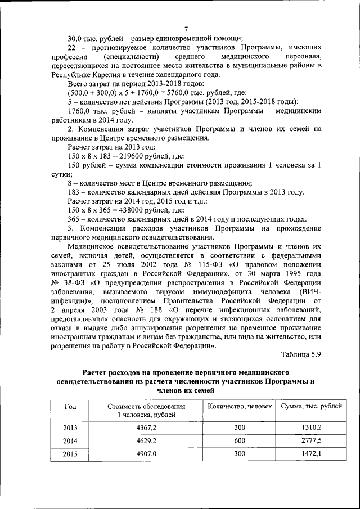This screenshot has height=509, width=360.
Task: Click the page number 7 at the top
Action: [186, 29]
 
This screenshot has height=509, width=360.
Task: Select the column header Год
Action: [70, 406]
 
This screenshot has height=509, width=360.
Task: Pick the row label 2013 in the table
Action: [70, 427]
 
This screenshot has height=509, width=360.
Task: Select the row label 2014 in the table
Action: [70, 440]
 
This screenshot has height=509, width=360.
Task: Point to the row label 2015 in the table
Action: [70, 453]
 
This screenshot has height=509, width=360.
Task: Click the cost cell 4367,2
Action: [146, 427]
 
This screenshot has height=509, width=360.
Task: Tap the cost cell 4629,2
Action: [146, 440]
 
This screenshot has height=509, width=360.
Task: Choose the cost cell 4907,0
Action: [146, 453]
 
